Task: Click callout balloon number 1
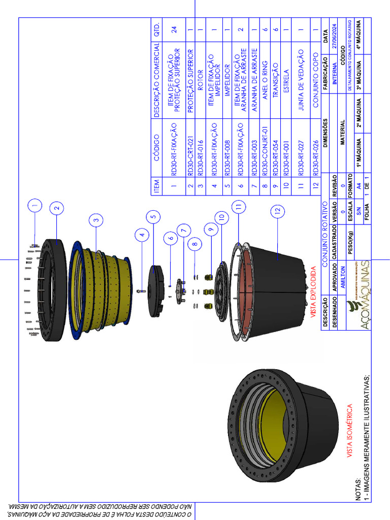35,207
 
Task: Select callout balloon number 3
96,219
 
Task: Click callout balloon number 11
238,207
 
